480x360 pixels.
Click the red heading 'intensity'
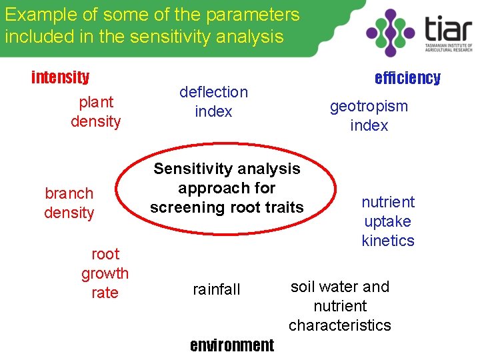(61, 77)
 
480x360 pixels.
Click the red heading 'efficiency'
(407, 78)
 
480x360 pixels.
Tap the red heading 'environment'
(231, 345)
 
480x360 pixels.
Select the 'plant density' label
(96, 112)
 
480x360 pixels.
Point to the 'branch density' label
(69, 203)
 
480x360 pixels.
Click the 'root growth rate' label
(105, 273)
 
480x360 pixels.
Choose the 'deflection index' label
(213, 102)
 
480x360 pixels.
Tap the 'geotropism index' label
(369, 116)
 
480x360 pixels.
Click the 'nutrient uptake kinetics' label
(388, 221)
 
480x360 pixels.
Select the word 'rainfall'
(216, 289)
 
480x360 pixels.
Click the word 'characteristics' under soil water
(340, 325)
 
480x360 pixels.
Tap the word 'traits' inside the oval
(285, 207)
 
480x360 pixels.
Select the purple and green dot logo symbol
(391, 32)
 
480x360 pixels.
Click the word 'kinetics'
(388, 241)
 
